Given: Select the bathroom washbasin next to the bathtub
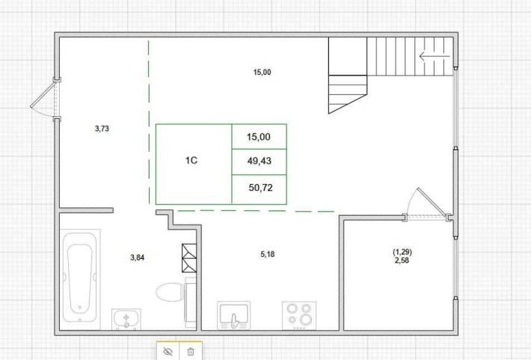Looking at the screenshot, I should pyautogui.click(x=126, y=320).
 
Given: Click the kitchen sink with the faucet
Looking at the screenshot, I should pyautogui.click(x=236, y=315).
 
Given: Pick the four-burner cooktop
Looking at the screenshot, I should pyautogui.click(x=299, y=314).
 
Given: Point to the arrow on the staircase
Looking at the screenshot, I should pyautogui.click(x=431, y=56).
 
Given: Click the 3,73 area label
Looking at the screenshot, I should pyautogui.click(x=102, y=129).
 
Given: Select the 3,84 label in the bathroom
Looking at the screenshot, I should pyautogui.click(x=137, y=257).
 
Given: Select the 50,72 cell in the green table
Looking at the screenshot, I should pyautogui.click(x=259, y=188).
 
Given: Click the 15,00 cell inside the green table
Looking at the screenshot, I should pyautogui.click(x=259, y=136).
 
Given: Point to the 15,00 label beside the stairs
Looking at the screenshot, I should pyautogui.click(x=262, y=73).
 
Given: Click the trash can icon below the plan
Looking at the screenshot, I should pyautogui.click(x=191, y=350).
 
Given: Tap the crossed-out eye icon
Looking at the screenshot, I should pyautogui.click(x=168, y=350).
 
